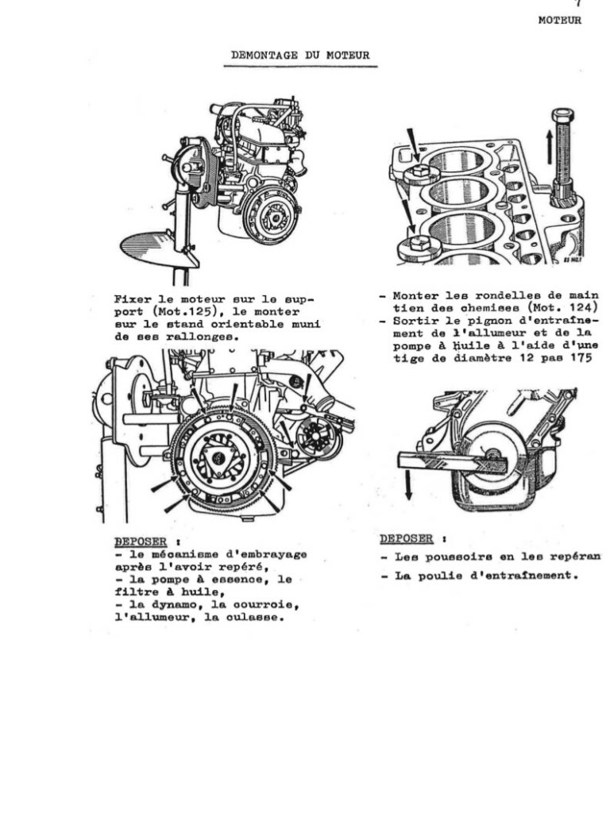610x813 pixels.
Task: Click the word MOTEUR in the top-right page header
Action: [559, 21]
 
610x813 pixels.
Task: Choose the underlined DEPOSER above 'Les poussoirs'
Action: [406, 538]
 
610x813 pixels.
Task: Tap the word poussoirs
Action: [458, 557]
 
